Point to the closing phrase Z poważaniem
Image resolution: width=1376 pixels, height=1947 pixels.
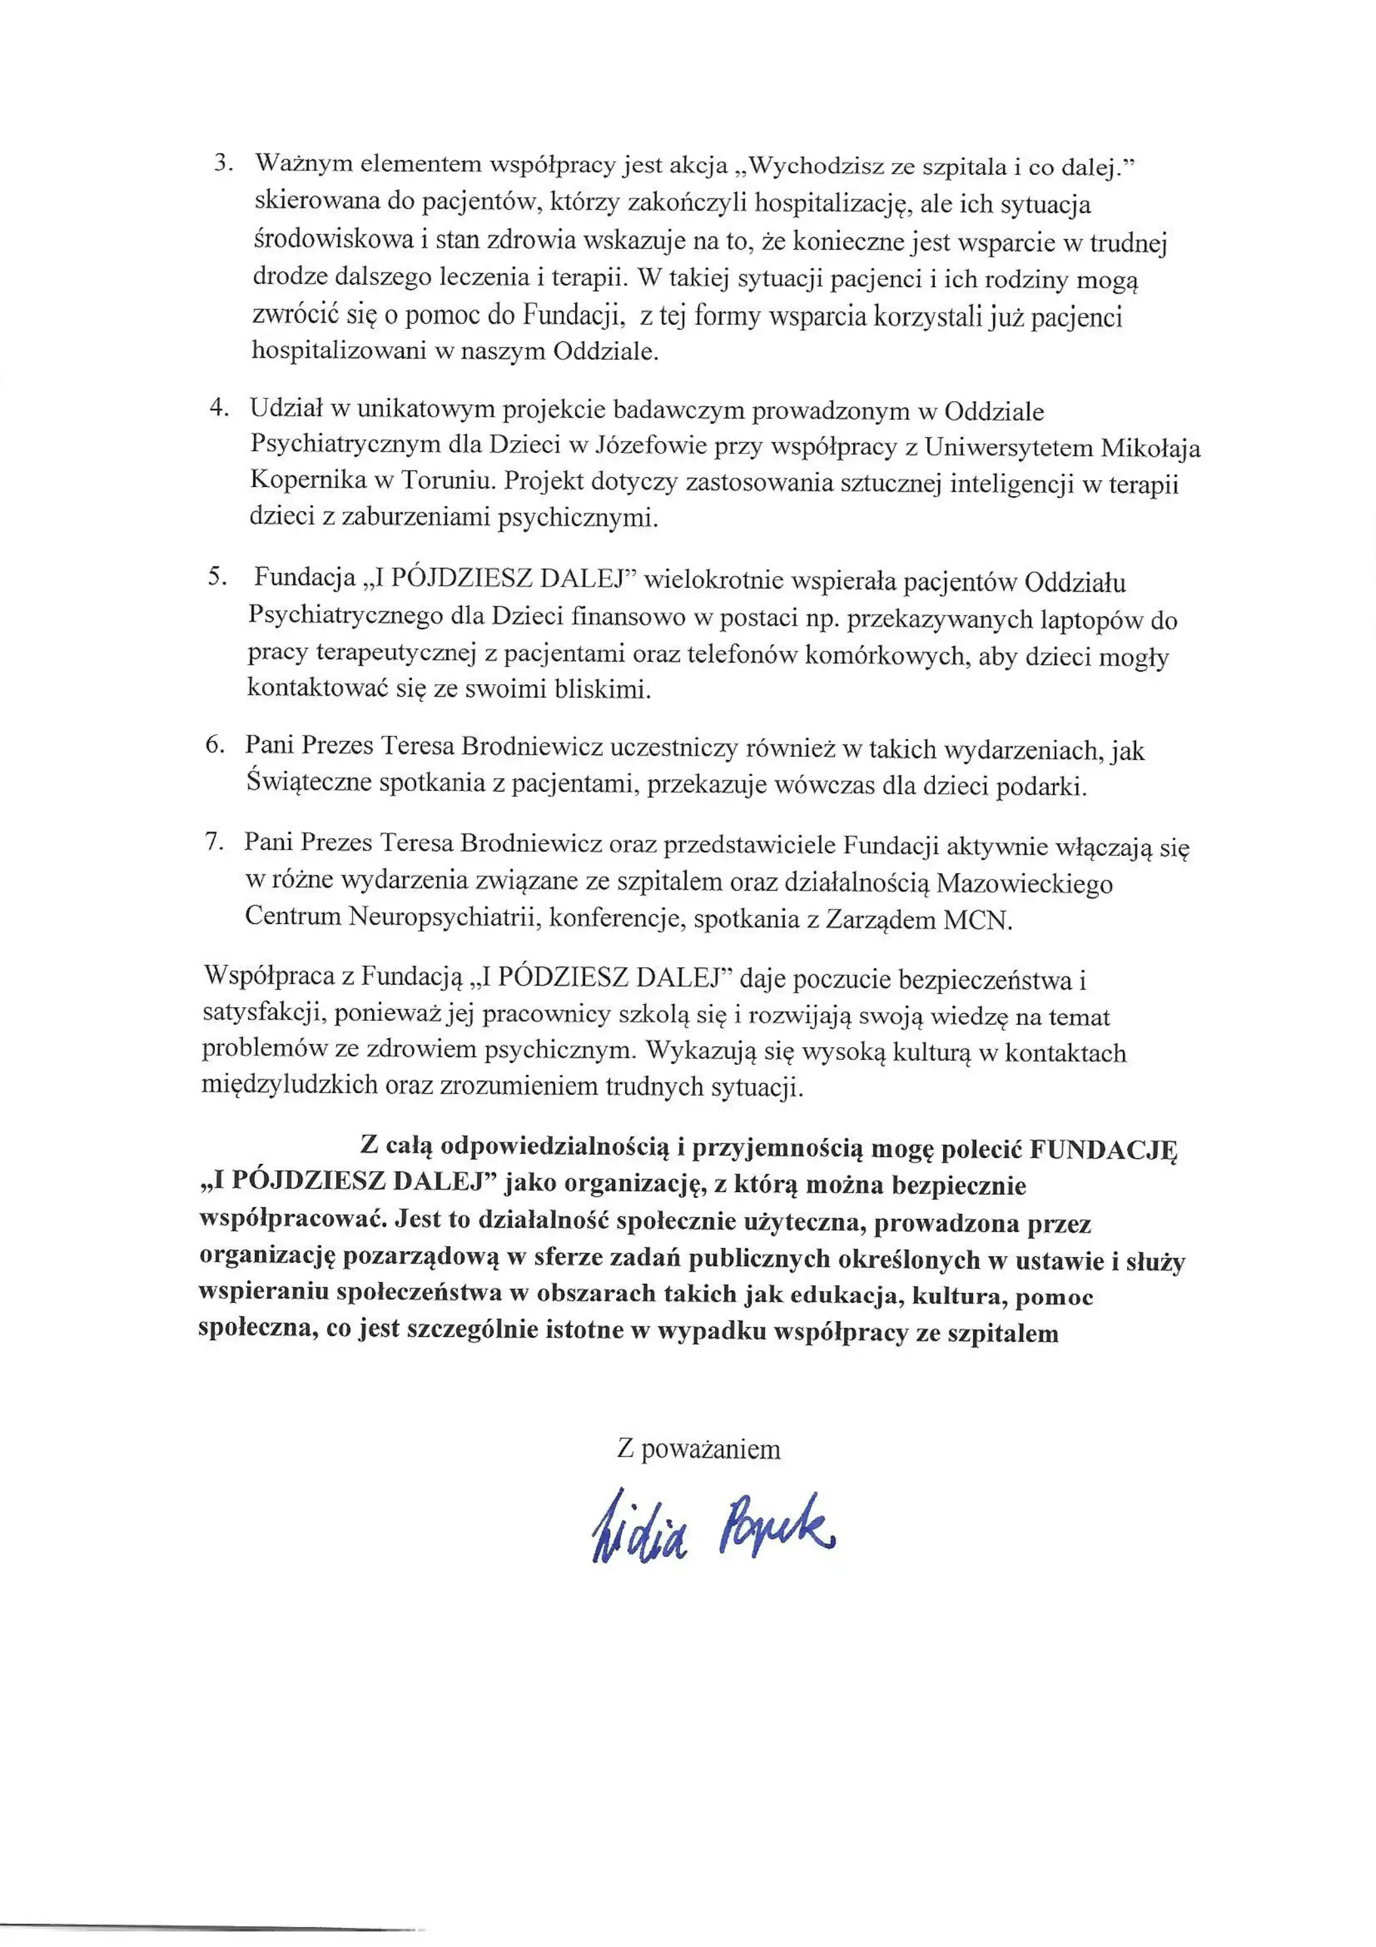(698, 1448)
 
